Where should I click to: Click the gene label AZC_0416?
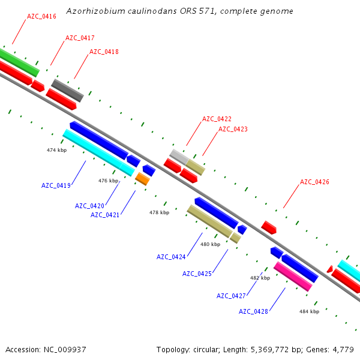(x=41, y=17)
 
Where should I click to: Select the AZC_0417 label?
(x=80, y=38)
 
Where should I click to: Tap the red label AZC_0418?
(x=104, y=52)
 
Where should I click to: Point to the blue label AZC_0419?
(x=56, y=185)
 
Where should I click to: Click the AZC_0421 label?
(x=105, y=215)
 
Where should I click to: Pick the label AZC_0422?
(x=217, y=119)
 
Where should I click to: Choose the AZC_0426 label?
(x=314, y=182)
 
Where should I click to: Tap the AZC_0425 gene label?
(x=197, y=274)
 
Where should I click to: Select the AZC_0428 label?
(x=253, y=311)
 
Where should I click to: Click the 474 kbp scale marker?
(x=57, y=150)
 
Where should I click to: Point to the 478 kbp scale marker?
(x=160, y=212)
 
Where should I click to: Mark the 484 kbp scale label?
(x=309, y=311)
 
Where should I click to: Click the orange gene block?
(x=142, y=179)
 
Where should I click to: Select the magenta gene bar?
(x=293, y=277)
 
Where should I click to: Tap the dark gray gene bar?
(x=67, y=91)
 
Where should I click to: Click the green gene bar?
(x=19, y=62)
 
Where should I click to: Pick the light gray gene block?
(x=179, y=157)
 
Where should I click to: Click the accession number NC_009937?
(x=65, y=350)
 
